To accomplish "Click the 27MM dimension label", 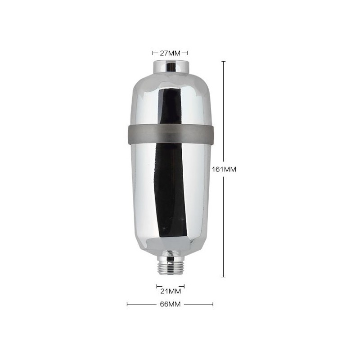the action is click(x=170, y=53).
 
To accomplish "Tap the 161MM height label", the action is click(x=224, y=169).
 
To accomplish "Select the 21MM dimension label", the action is click(x=171, y=291).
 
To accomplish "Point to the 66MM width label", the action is click(x=170, y=304).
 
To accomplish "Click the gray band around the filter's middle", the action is click(x=171, y=135).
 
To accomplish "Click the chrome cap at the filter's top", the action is click(x=171, y=67).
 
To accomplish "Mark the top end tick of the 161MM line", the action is click(x=224, y=62).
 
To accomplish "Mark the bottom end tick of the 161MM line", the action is click(x=224, y=277).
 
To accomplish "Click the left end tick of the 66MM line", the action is click(x=127, y=304).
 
